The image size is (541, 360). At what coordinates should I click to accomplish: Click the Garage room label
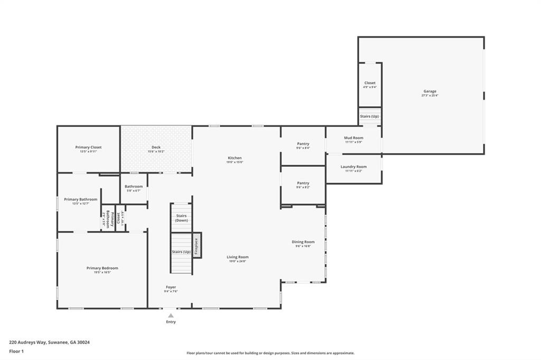(x=429, y=91)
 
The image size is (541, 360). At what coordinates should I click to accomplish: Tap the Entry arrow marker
(x=171, y=315)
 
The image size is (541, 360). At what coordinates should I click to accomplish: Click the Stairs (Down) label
(x=181, y=218)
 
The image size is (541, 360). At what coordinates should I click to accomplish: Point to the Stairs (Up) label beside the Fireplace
(x=181, y=252)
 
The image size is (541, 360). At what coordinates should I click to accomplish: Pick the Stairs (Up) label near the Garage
(x=369, y=116)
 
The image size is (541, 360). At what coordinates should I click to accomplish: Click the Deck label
(x=156, y=147)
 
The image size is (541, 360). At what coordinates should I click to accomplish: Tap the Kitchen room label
(x=235, y=158)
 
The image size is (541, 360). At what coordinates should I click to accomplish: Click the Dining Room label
(x=303, y=242)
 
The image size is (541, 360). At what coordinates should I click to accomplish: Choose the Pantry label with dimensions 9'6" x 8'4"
(x=303, y=144)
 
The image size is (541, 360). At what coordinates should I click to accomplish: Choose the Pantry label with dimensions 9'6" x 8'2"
(x=303, y=183)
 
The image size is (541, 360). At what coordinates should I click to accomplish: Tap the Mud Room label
(x=353, y=138)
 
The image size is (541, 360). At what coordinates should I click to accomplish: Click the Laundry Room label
(x=353, y=167)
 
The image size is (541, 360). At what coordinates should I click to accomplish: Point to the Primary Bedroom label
(x=102, y=268)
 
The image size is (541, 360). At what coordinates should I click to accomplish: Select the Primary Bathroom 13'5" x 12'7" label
(x=80, y=200)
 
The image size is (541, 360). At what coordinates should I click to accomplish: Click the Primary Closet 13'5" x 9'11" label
(x=88, y=147)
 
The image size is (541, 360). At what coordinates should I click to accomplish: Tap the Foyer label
(x=171, y=287)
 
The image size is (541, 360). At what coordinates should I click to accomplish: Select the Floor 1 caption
(x=16, y=351)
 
